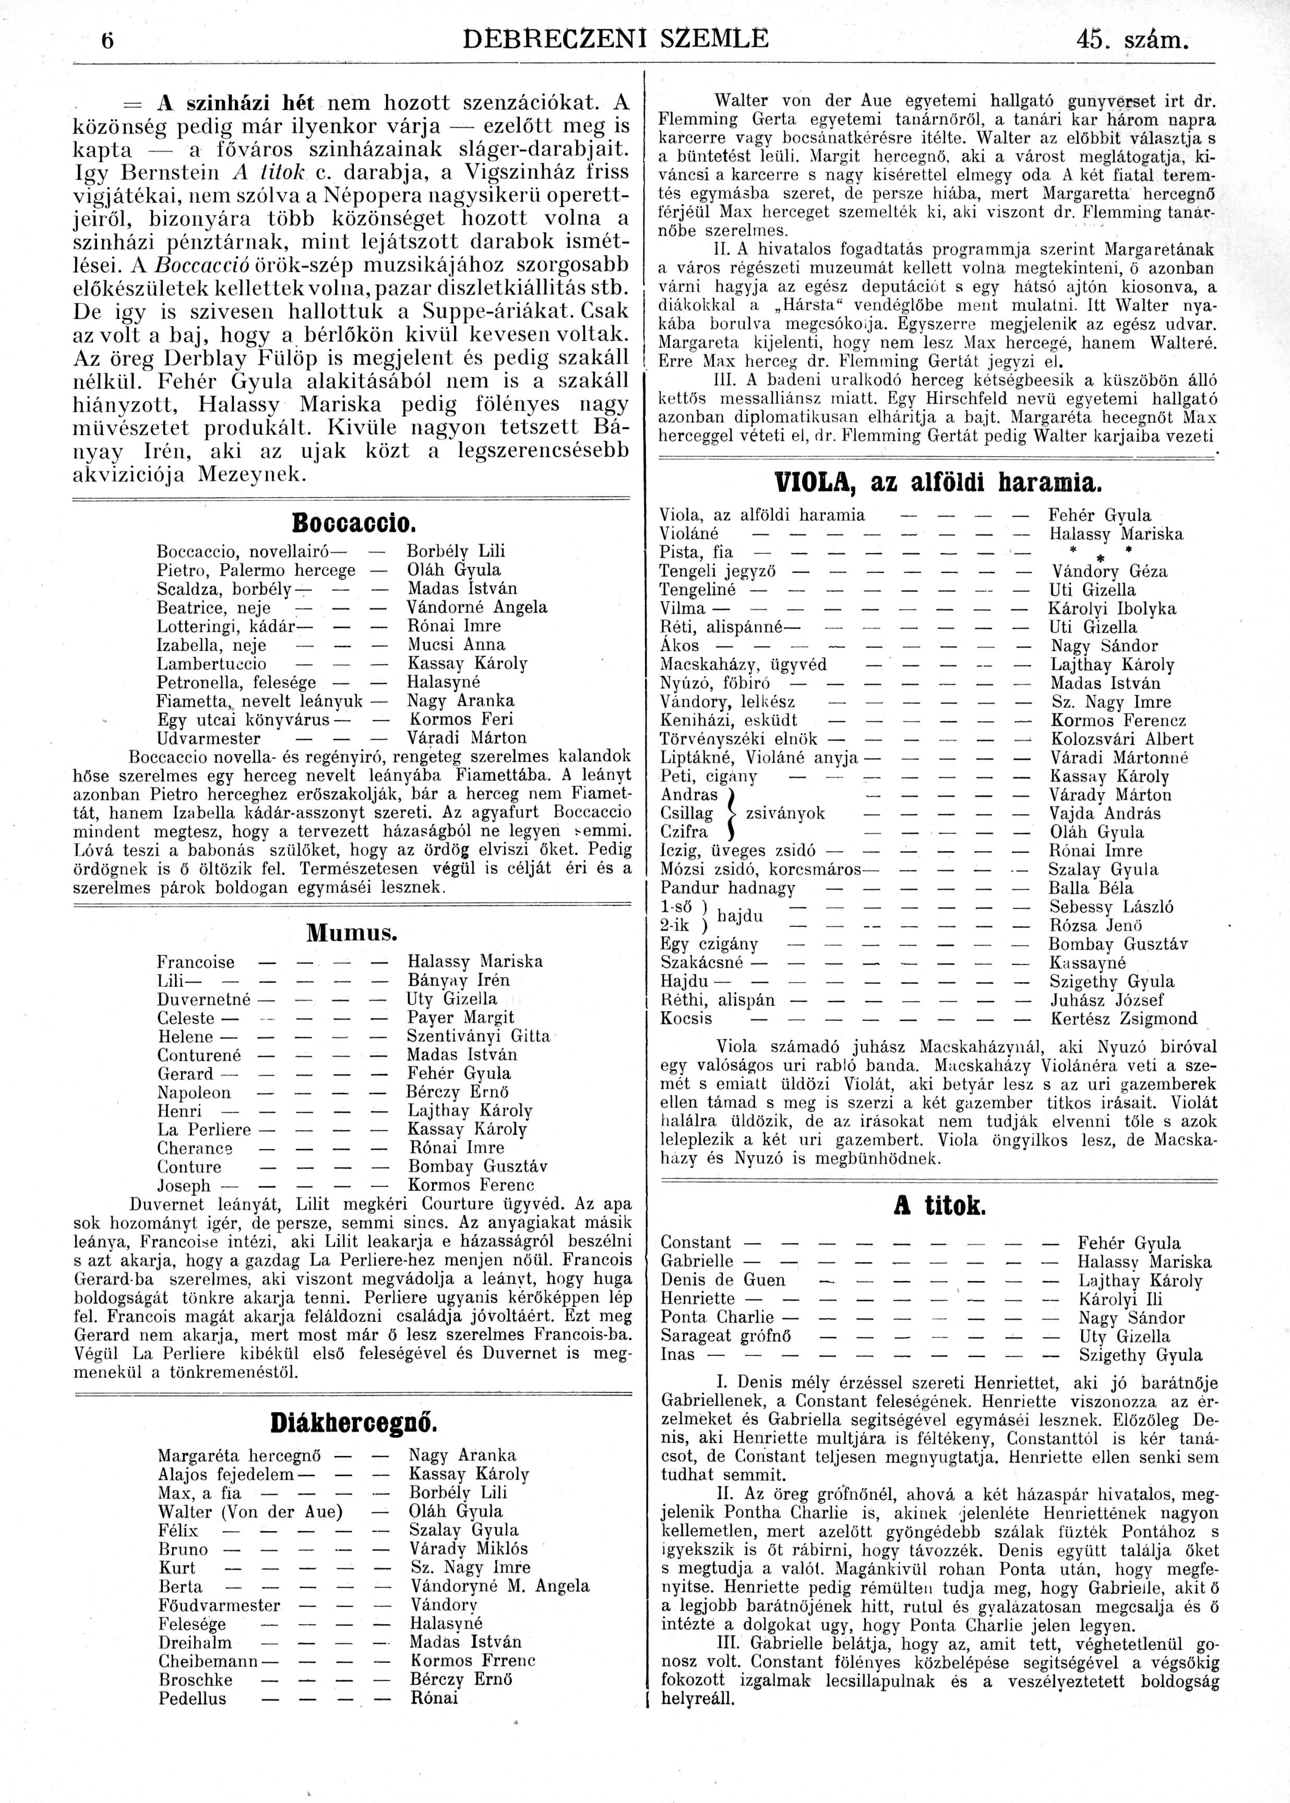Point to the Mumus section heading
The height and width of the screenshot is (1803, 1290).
point(351,932)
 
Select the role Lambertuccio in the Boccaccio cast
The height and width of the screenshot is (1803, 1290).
point(212,664)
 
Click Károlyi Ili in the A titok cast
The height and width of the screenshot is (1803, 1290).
point(1118,1299)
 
